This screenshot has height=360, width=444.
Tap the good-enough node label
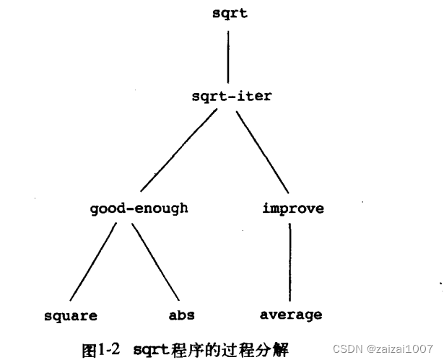pyautogui.click(x=139, y=208)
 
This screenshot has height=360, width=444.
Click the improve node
pyautogui.click(x=292, y=208)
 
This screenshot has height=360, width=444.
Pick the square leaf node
pyautogui.click(x=70, y=315)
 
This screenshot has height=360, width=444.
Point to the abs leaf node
pyautogui.click(x=181, y=315)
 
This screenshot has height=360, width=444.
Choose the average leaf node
pyautogui.click(x=291, y=315)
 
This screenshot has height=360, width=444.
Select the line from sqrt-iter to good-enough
pyautogui.click(x=181, y=151)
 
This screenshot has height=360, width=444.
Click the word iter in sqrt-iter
pyautogui.click(x=256, y=95)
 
